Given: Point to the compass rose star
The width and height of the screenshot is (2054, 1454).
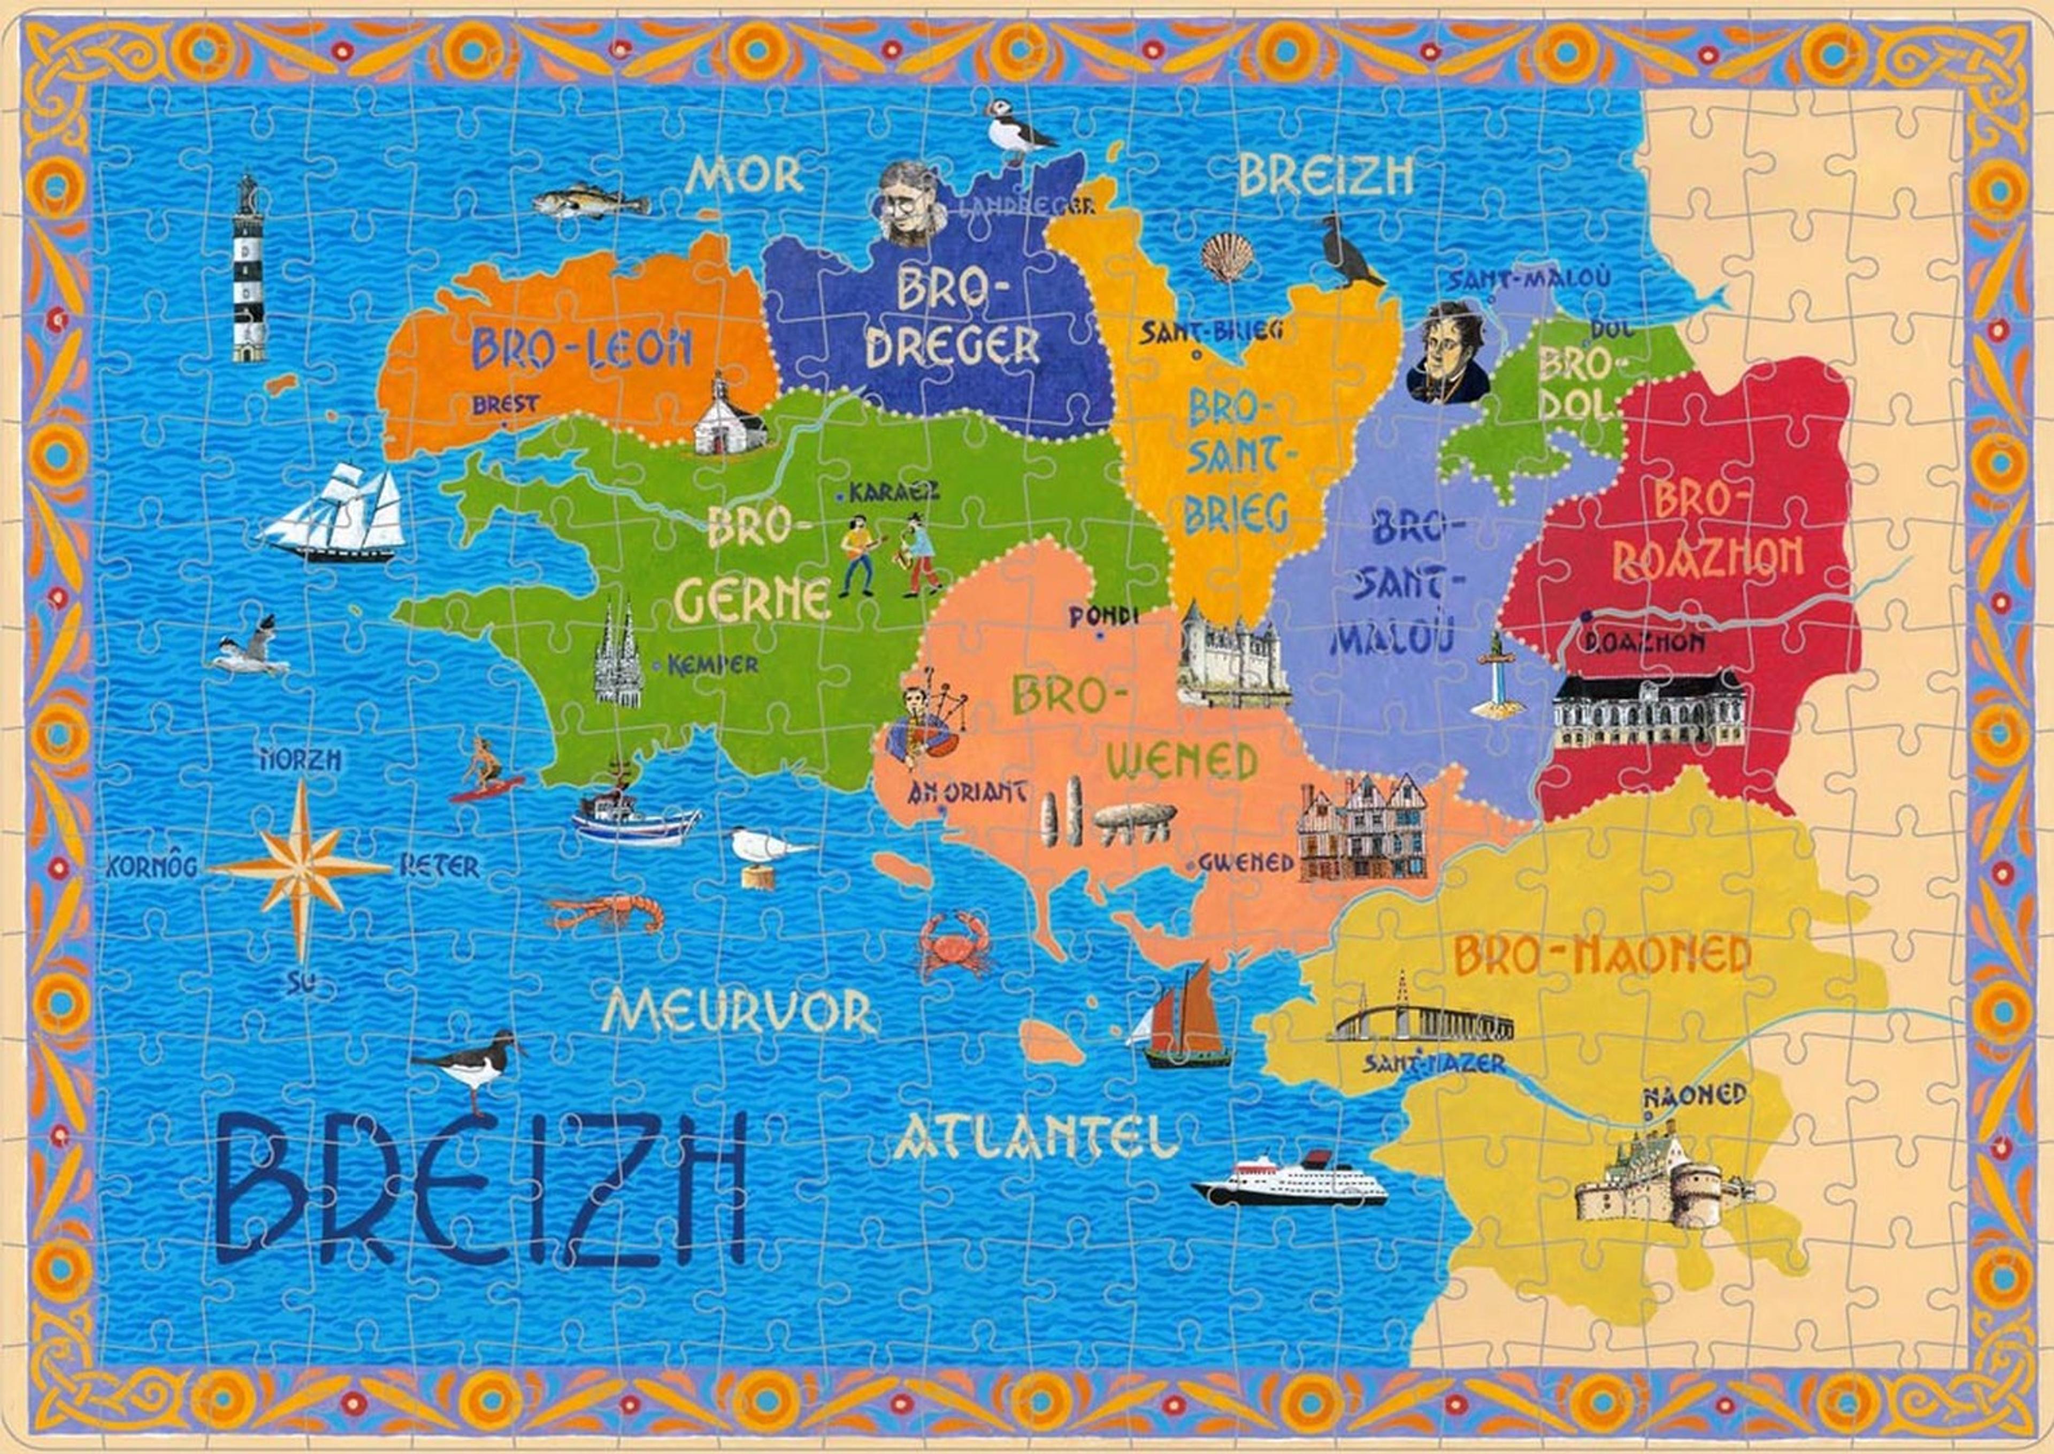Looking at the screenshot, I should pyautogui.click(x=302, y=867).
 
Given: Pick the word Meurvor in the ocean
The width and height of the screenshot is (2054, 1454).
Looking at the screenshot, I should pyautogui.click(x=738, y=1012).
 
